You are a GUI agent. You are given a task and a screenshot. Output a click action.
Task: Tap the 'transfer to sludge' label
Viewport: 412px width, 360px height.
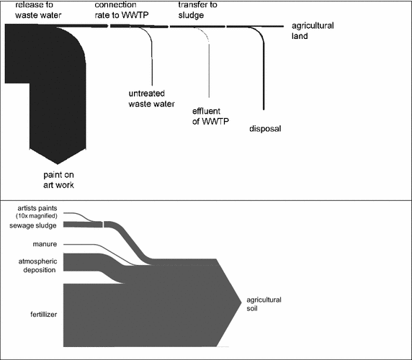pos(198,9)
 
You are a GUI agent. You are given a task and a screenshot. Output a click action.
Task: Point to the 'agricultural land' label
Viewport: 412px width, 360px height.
pos(313,30)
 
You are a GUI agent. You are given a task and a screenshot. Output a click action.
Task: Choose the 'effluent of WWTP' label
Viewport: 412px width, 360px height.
pos(210,116)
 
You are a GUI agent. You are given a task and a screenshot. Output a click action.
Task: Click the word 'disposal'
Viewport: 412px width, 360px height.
pos(264,129)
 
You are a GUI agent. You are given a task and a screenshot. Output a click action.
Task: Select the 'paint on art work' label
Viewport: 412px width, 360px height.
pos(58,179)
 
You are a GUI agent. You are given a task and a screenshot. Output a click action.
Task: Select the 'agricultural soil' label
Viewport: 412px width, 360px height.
pos(264,304)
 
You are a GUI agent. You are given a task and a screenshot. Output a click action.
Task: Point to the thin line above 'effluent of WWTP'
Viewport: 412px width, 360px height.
pos(209,72)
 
